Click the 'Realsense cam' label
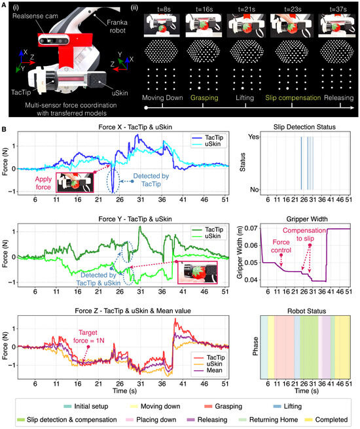click(x=35, y=16)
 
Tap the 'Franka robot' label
click(x=117, y=26)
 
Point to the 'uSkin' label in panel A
click(x=120, y=93)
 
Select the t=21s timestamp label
click(x=246, y=9)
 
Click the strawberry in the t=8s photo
click(x=162, y=29)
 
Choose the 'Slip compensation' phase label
click(x=293, y=97)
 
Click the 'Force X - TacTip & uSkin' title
click(x=135, y=128)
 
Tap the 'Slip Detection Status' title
click(x=304, y=128)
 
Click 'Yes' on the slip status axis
click(x=253, y=137)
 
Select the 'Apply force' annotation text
click(x=43, y=183)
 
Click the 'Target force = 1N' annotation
click(x=89, y=337)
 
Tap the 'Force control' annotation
click(x=281, y=246)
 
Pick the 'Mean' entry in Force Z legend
click(x=214, y=370)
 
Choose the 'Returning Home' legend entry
click(x=274, y=420)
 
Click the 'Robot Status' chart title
click(x=306, y=311)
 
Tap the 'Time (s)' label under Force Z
click(x=124, y=390)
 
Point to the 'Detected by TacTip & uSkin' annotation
click(x=98, y=279)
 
